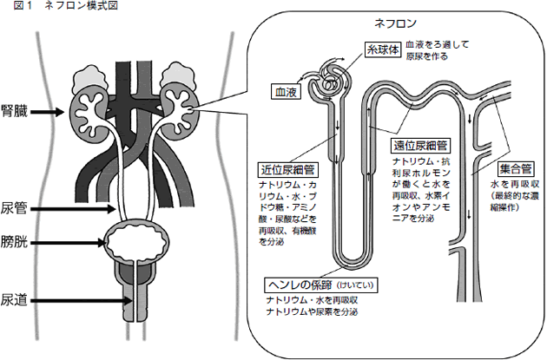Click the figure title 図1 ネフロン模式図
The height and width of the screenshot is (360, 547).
point(59,6)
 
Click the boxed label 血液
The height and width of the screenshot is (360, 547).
point(287,89)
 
